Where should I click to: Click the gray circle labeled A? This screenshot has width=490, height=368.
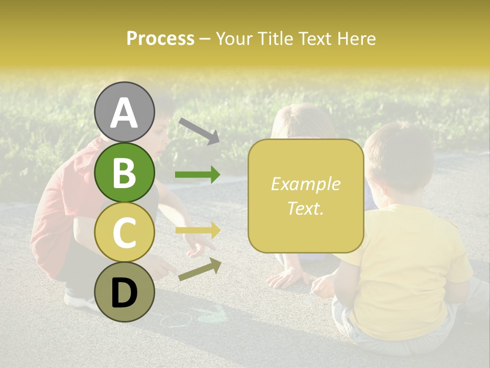click(x=125, y=112)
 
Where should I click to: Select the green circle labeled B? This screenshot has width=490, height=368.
click(x=125, y=172)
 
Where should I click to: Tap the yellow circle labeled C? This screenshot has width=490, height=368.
click(x=125, y=232)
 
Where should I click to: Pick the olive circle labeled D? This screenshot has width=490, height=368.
click(x=125, y=292)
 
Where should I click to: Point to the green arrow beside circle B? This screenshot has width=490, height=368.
click(x=198, y=175)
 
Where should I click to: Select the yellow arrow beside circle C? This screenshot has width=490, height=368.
click(x=198, y=230)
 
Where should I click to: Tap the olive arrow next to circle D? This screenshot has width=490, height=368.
click(x=199, y=269)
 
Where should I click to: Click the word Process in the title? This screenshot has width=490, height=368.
click(x=160, y=38)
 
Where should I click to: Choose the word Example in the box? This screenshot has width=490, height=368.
click(x=306, y=184)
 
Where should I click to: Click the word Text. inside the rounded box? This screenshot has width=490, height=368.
click(x=306, y=208)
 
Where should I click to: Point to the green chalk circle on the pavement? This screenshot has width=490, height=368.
click(x=176, y=320)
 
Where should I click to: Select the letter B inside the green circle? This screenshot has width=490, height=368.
click(x=125, y=172)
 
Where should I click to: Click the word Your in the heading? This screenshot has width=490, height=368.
click(x=236, y=38)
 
